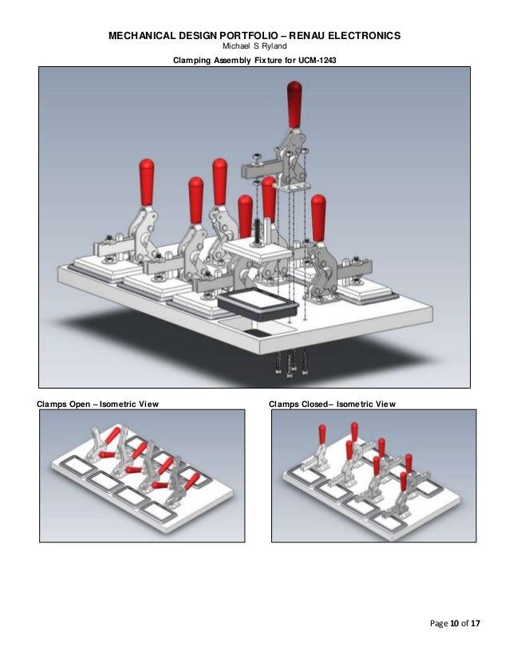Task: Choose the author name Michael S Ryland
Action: [x=254, y=46]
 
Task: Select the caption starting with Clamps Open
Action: [x=98, y=404]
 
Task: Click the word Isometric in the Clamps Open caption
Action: [x=120, y=404]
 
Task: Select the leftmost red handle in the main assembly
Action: [x=146, y=180]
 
